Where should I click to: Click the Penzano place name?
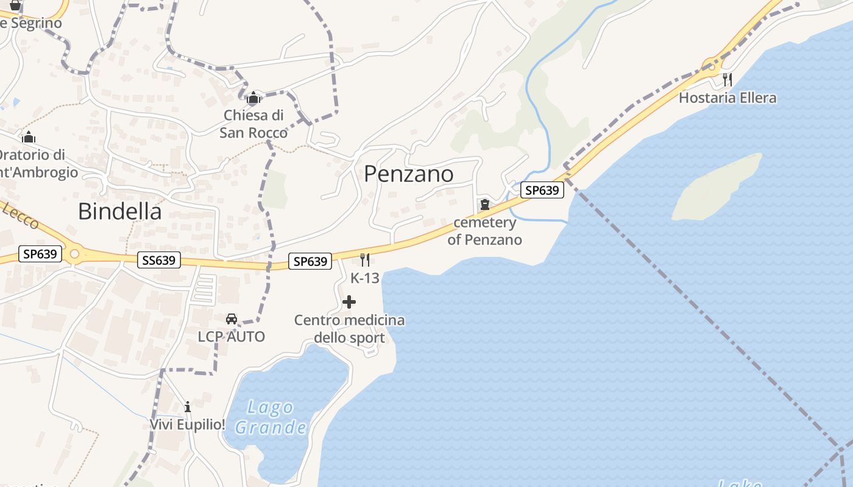408,174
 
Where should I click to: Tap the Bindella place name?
120,211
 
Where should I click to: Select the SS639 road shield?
159,261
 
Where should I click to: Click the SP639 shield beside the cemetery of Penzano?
542,190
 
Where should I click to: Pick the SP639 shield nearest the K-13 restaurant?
311,261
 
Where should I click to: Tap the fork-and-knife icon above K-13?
365,260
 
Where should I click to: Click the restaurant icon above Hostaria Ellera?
727,79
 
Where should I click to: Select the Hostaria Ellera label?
727,98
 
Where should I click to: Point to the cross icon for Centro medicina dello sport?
349,302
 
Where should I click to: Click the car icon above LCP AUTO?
232,319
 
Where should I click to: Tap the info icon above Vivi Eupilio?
188,407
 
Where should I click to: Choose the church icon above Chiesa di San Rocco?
253,97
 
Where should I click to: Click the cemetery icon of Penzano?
485,205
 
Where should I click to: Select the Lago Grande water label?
271,418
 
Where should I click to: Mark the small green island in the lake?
716,187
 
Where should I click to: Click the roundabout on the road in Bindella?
74,254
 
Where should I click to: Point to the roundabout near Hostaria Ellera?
710,64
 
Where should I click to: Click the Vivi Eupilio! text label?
188,424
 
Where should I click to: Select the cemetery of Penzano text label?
485,231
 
